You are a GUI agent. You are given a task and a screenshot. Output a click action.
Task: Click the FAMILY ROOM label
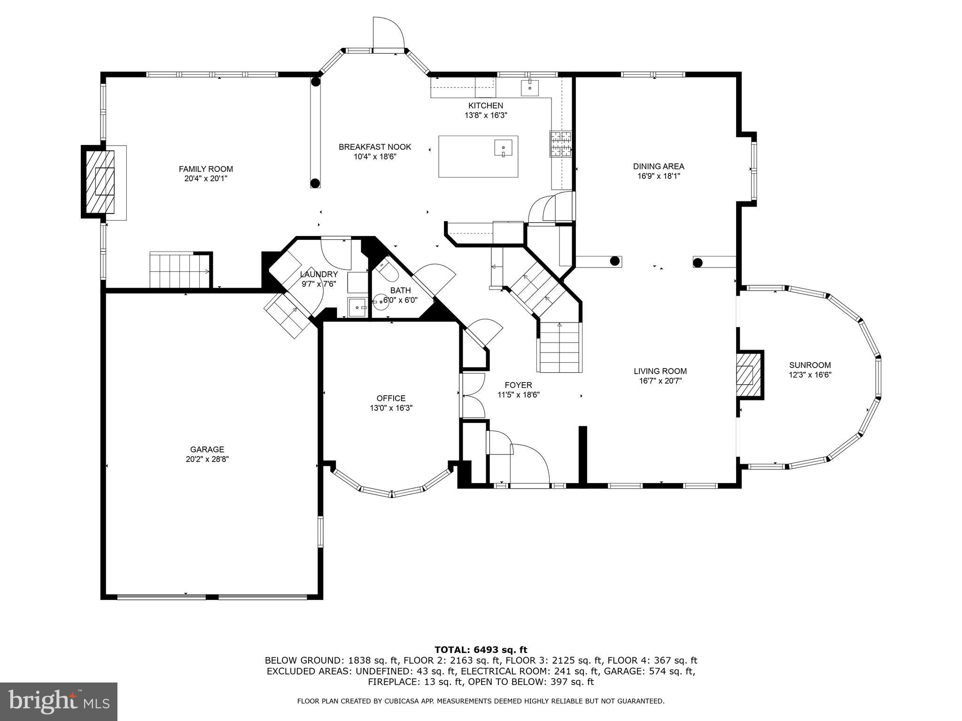tap(206, 169)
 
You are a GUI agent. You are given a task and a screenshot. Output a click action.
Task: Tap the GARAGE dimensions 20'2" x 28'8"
tap(207, 460)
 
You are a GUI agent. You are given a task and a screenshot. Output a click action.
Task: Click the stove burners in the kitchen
tap(561, 143)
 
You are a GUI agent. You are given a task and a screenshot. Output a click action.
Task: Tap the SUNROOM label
tap(810, 365)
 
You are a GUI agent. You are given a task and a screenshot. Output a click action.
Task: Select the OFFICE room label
tap(391, 398)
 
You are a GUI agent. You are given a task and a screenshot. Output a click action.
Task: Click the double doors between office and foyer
tap(473, 395)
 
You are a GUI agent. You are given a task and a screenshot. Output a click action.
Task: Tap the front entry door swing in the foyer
tap(530, 463)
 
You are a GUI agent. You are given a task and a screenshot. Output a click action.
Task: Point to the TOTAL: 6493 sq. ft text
tap(481, 650)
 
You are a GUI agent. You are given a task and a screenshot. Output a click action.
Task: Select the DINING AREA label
tap(659, 166)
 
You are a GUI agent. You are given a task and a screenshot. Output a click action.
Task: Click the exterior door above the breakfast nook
tap(388, 33)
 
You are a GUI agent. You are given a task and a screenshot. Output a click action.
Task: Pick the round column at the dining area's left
tap(614, 261)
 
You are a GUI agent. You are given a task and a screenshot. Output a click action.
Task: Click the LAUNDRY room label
tap(319, 274)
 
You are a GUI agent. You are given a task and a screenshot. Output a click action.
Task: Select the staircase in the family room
tap(179, 270)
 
